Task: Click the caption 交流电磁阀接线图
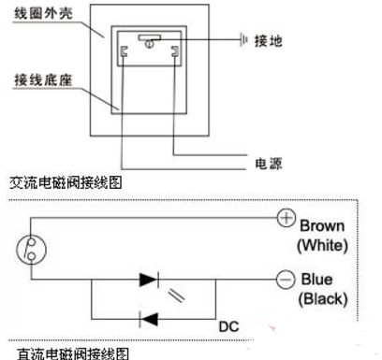click(x=63, y=183)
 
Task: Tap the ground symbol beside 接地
click(x=244, y=40)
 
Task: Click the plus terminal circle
click(x=286, y=218)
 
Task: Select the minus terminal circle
click(x=286, y=278)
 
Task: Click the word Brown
click(x=323, y=225)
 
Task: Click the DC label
click(x=228, y=327)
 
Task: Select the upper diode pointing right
click(x=149, y=279)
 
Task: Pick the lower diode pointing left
click(x=148, y=319)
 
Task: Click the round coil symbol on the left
click(x=30, y=249)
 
